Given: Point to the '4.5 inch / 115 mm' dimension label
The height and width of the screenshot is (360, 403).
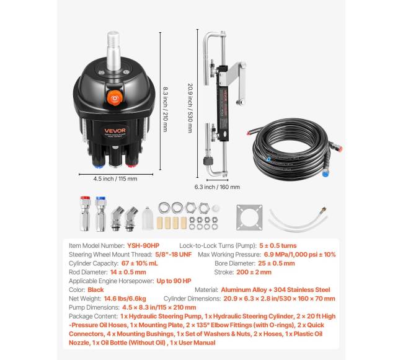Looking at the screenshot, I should pyautogui.click(x=115, y=179).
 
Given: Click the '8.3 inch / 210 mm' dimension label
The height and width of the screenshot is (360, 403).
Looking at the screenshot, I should pyautogui.click(x=166, y=108).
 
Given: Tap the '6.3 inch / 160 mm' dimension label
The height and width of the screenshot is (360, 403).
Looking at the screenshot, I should pyautogui.click(x=217, y=186).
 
